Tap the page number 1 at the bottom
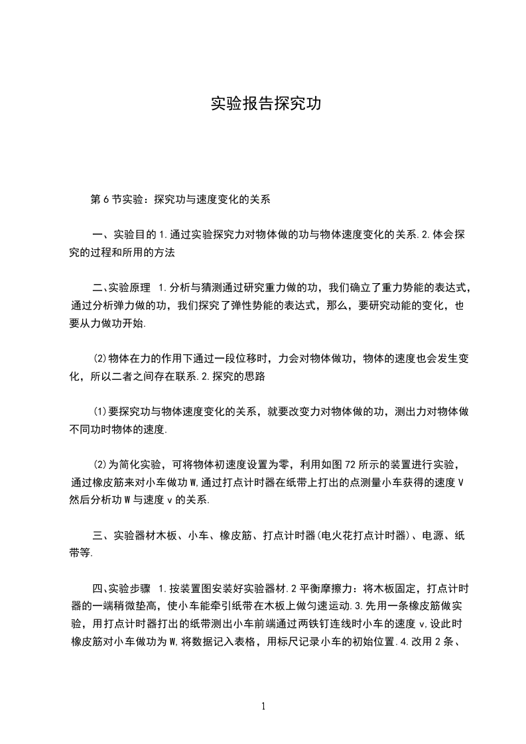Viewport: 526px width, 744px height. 264,706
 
